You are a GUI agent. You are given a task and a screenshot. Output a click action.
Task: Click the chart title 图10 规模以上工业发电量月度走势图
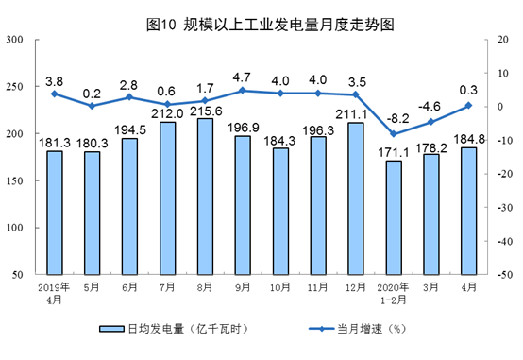(270, 25)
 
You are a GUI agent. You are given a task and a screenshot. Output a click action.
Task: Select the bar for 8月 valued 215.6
(205, 197)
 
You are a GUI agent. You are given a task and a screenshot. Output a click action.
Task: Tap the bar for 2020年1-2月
(394, 217)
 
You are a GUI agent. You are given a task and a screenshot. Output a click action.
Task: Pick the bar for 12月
(356, 198)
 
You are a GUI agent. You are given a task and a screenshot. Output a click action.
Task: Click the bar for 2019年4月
(55, 213)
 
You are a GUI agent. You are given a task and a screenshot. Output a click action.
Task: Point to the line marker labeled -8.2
(394, 134)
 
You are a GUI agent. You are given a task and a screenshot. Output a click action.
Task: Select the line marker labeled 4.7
(243, 91)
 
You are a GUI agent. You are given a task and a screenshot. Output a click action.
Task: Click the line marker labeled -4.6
(430, 122)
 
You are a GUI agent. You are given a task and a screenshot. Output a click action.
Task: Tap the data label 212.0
(167, 114)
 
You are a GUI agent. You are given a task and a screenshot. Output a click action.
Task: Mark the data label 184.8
(469, 139)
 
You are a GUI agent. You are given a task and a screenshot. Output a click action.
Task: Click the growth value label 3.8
(54, 81)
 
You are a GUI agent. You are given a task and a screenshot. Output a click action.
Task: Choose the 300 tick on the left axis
(15, 40)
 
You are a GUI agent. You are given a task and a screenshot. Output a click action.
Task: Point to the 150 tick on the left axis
(15, 180)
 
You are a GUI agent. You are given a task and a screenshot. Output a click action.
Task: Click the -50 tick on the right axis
(505, 275)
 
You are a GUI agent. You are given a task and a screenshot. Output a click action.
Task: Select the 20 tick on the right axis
(503, 40)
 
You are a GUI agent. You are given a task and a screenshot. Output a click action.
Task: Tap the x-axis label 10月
(280, 287)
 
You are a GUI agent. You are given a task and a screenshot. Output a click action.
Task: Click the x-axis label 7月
(167, 287)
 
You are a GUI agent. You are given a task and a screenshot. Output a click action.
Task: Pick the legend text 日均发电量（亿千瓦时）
(189, 329)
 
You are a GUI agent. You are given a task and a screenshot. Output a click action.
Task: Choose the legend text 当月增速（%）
(372, 329)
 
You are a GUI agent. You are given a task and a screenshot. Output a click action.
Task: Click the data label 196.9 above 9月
(244, 128)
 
